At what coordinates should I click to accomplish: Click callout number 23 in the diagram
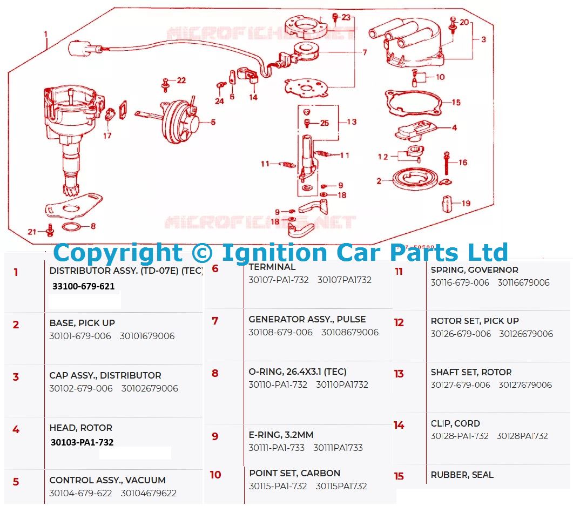(346, 17)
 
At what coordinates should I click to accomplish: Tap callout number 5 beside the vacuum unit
(213, 123)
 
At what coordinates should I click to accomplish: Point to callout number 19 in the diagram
(465, 204)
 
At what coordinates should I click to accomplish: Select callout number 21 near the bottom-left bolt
(32, 232)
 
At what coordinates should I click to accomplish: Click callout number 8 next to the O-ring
(93, 226)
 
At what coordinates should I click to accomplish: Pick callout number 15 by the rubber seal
(456, 102)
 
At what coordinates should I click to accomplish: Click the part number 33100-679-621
(84, 287)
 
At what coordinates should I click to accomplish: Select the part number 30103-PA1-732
(82, 442)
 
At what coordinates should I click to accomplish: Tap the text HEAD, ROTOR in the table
(81, 428)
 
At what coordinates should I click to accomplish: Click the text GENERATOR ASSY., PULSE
(307, 319)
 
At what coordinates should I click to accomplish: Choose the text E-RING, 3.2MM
(281, 435)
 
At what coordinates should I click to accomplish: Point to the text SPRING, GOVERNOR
(474, 270)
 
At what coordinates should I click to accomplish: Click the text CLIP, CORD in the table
(455, 423)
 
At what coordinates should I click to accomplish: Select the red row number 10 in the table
(215, 475)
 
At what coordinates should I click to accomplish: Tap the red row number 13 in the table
(399, 374)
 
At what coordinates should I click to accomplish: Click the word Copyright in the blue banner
(118, 253)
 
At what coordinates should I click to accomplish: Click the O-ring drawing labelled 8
(72, 226)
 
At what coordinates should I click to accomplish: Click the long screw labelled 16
(447, 163)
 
